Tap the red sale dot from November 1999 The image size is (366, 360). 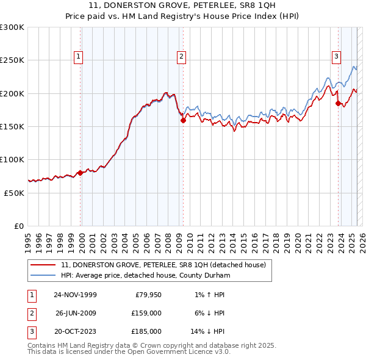point(80,173)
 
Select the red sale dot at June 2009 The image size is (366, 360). point(183,121)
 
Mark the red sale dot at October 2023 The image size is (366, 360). point(338,103)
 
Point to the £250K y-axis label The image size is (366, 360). point(12,60)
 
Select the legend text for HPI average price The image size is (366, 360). point(146,276)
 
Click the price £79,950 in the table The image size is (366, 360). point(146,295)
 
